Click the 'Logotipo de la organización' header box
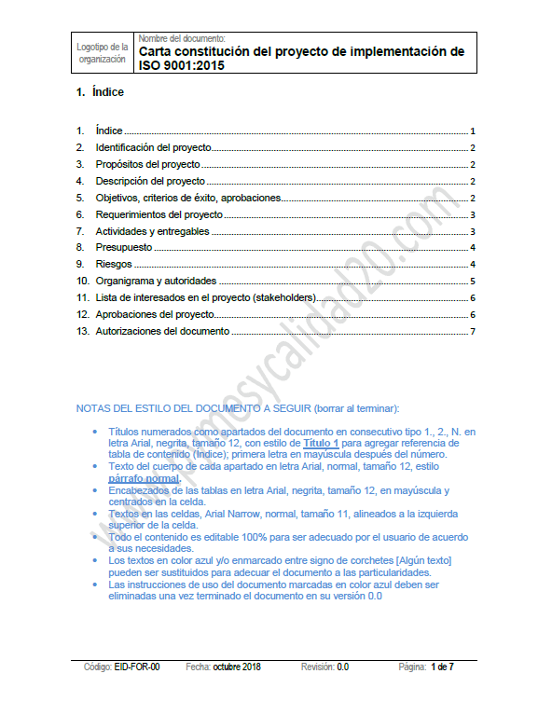coord(103,52)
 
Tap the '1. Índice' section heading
coord(101,92)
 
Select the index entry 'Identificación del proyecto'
coord(153,148)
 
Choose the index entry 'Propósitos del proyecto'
coord(147,165)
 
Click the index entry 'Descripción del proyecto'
coord(150,181)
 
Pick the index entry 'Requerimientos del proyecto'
coord(159,214)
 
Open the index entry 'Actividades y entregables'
coord(152,231)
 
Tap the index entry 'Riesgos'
coord(114,265)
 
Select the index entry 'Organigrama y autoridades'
coord(156,281)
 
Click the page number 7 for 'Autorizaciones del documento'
coord(474,331)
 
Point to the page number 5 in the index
coord(474,281)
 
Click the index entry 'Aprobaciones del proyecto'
coord(155,315)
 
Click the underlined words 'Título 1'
coord(322,444)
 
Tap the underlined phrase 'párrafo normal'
coord(144,478)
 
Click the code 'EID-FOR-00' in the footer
coord(137,667)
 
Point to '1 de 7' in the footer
coord(442,667)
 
